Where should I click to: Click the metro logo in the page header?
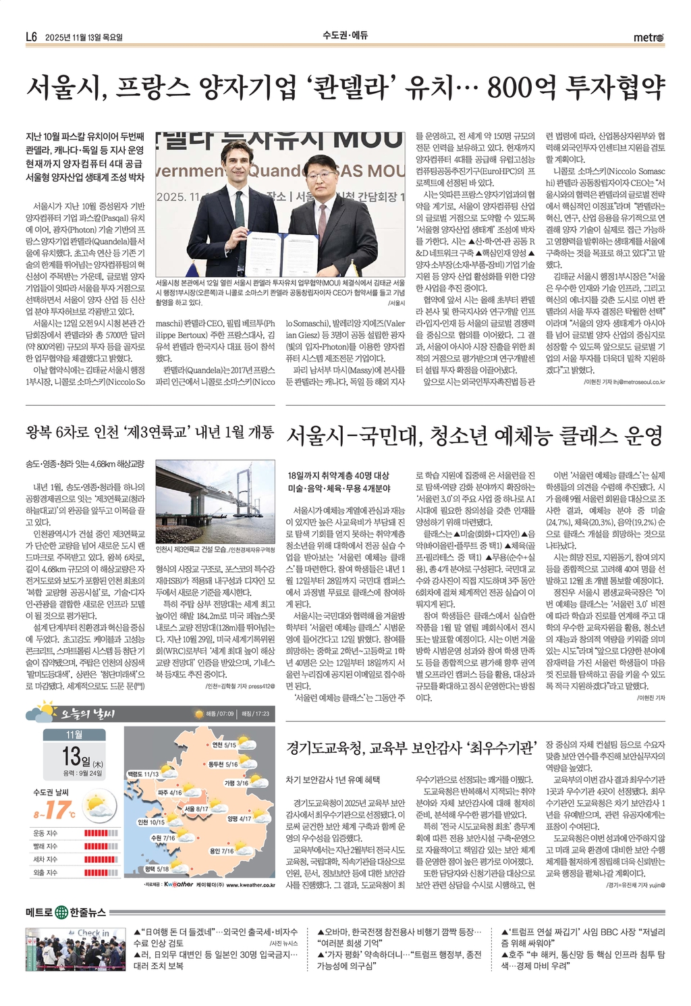[x=648, y=37]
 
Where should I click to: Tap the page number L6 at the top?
[x=30, y=37]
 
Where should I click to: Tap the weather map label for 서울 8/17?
[x=196, y=808]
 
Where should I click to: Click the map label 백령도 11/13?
[x=142, y=774]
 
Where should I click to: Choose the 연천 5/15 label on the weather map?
[x=224, y=745]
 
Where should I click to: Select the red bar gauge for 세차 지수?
[x=101, y=859]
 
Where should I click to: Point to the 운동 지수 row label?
[x=45, y=833]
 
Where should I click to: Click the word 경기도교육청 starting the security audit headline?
[x=323, y=747]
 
